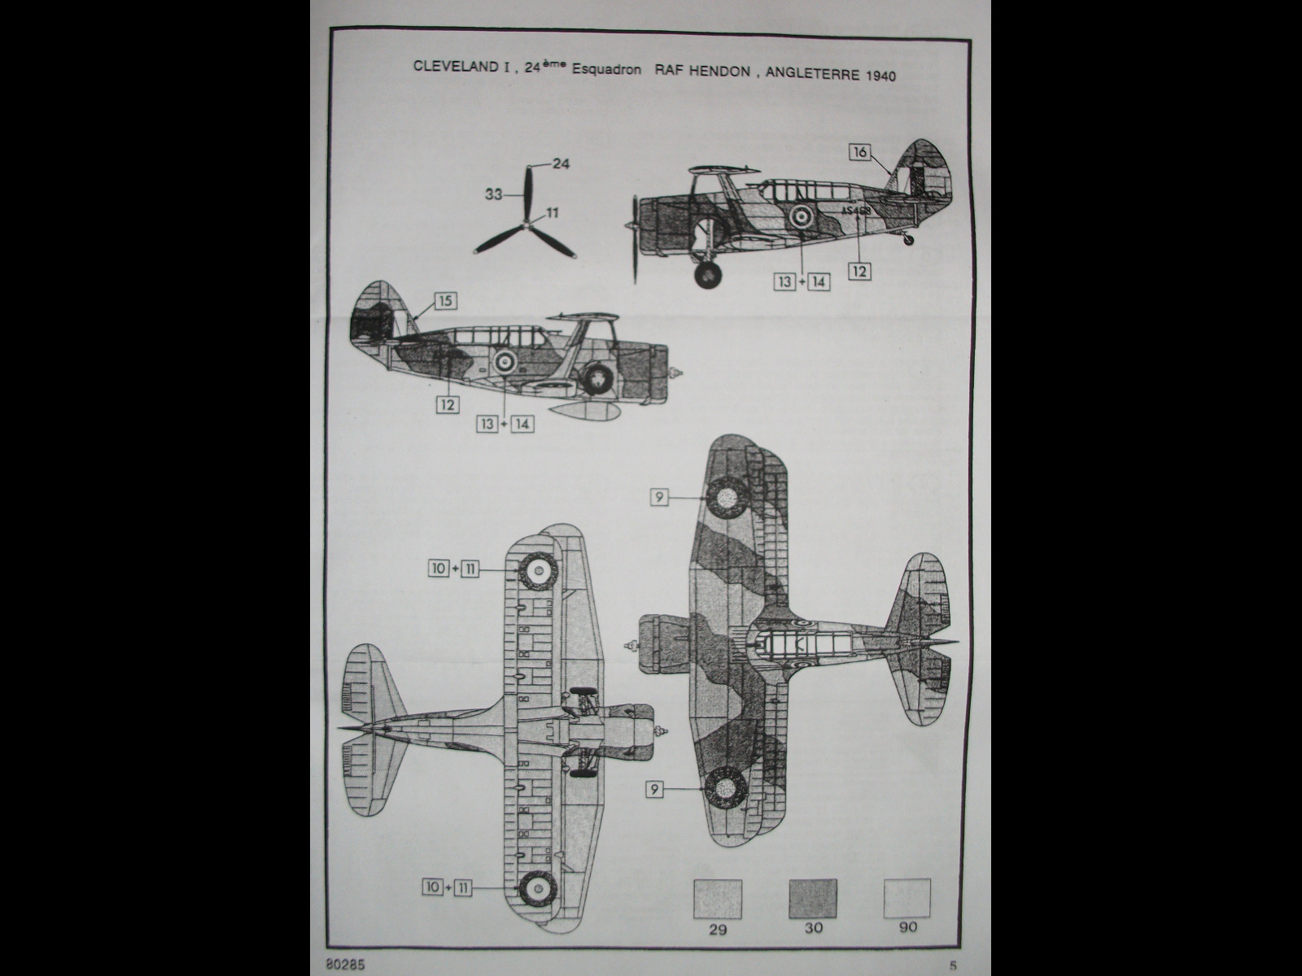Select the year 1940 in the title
(879, 76)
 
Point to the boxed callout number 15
(444, 301)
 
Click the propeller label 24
(561, 163)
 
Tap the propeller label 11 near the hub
(553, 213)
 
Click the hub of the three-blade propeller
(528, 223)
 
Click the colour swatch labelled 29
(717, 898)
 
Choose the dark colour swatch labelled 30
(812, 898)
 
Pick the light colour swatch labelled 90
(907, 898)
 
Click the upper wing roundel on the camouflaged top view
(724, 495)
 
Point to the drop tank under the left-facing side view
(577, 412)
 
